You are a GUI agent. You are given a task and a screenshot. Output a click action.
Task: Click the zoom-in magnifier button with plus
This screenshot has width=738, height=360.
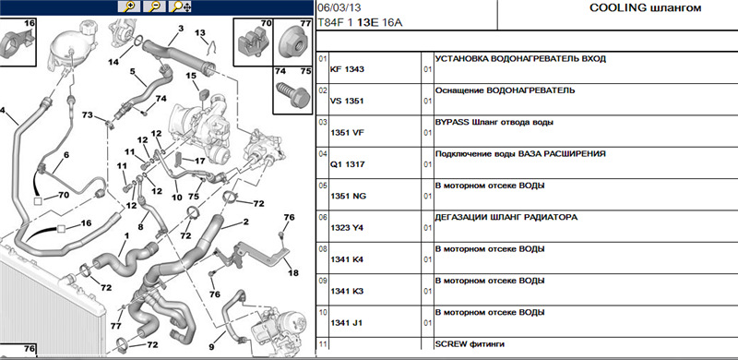(x=129, y=6)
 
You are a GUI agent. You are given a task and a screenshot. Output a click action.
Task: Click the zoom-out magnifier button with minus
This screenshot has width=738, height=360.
(x=155, y=6)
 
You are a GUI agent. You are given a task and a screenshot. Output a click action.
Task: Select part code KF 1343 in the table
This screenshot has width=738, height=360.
(x=348, y=69)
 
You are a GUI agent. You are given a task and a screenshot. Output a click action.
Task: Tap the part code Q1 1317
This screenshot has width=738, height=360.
(x=348, y=164)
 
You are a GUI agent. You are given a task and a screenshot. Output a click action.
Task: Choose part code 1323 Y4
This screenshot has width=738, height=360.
(x=348, y=228)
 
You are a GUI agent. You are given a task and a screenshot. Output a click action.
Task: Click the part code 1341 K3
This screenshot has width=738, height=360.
(x=348, y=292)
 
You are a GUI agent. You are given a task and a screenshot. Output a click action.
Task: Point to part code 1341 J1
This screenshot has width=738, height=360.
(x=347, y=323)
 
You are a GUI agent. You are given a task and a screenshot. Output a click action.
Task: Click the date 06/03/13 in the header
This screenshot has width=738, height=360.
(x=336, y=8)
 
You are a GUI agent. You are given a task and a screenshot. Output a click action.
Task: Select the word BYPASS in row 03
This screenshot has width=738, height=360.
(x=450, y=122)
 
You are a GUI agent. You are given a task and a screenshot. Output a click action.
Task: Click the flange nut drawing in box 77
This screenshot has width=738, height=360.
(x=292, y=43)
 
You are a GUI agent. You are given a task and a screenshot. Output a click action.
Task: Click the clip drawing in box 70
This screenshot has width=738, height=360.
(x=253, y=43)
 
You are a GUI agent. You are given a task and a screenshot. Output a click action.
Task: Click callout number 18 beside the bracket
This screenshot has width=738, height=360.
(x=292, y=272)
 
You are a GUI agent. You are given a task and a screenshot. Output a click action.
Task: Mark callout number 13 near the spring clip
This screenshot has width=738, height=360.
(x=200, y=33)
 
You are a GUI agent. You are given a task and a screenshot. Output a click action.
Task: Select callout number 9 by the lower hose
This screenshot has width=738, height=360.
(x=211, y=347)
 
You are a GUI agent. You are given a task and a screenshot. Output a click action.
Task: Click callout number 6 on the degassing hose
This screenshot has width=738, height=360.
(x=65, y=154)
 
